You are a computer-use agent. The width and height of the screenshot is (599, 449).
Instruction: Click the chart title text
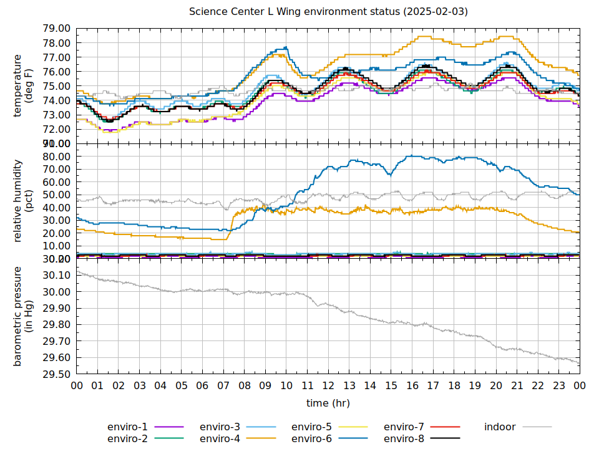coord(328,12)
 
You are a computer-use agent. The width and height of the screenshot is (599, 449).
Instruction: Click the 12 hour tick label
coord(328,386)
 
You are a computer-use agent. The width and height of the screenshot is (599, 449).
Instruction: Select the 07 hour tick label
coord(223,386)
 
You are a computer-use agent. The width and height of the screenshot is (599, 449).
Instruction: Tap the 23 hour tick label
coord(559,386)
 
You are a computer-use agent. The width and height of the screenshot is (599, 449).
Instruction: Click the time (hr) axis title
coord(328,403)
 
